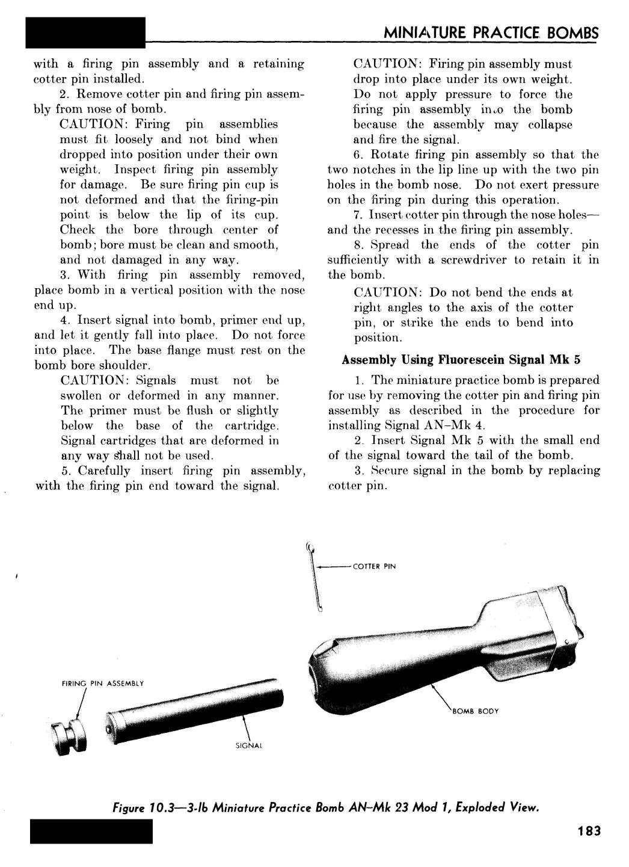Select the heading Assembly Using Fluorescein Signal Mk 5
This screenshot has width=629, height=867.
tap(461, 360)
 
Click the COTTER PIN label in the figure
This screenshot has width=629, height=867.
tap(374, 566)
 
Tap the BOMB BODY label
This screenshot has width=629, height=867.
tap(475, 711)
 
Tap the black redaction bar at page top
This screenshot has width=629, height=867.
tap(86, 32)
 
